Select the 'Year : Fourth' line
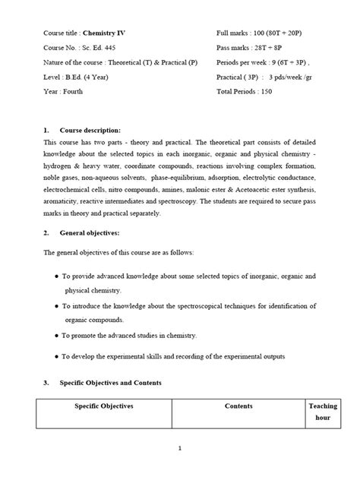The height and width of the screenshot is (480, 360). [x=63, y=91]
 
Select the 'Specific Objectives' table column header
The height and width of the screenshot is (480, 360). [x=104, y=406]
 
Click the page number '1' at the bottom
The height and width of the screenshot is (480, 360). [x=180, y=448]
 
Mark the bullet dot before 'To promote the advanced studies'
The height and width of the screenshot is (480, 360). [x=57, y=335]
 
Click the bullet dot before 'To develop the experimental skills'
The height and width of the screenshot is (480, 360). [x=57, y=355]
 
